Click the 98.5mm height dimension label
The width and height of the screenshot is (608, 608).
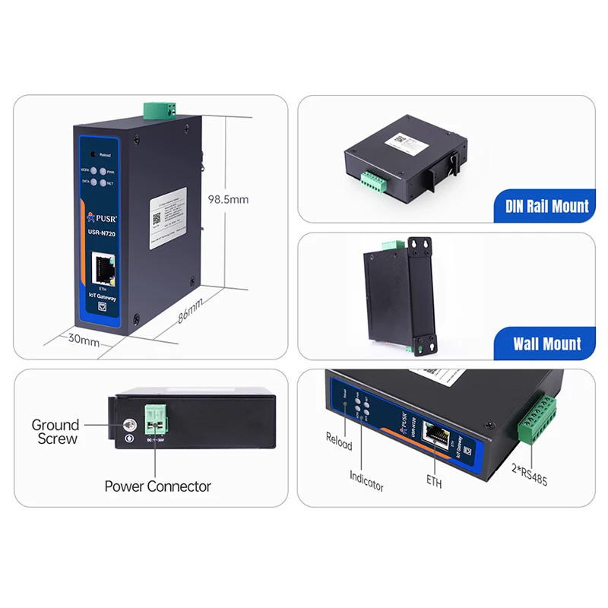click(228, 200)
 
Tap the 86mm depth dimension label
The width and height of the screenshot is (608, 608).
click(191, 309)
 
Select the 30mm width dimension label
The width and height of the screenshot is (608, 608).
click(84, 340)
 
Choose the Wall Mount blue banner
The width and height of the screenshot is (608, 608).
click(546, 344)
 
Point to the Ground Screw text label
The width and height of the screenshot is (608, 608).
click(55, 432)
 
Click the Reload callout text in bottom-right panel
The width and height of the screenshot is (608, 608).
click(339, 441)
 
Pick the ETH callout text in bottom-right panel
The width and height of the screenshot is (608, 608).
click(434, 481)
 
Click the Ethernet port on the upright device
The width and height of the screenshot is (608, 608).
click(103, 267)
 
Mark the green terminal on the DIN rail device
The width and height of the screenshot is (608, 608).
click(372, 182)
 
